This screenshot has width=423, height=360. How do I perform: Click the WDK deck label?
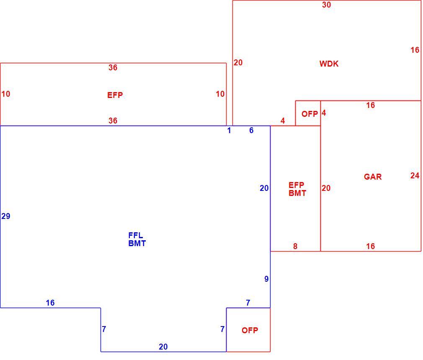(x=329, y=64)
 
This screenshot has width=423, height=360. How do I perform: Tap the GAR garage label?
(x=373, y=177)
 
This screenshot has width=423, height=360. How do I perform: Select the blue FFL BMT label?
(x=137, y=239)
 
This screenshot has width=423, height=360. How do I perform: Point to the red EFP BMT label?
(x=297, y=189)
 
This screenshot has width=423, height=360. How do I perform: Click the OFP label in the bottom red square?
(x=250, y=330)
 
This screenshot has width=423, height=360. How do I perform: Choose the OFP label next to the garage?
(x=310, y=114)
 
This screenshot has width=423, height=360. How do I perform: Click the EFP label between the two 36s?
(x=115, y=95)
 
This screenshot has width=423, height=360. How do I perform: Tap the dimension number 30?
(x=326, y=5)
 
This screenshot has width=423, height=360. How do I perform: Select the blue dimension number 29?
(x=6, y=216)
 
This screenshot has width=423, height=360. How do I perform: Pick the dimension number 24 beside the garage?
(x=415, y=176)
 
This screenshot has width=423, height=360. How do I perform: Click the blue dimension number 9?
(x=266, y=279)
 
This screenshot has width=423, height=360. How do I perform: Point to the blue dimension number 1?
(x=229, y=131)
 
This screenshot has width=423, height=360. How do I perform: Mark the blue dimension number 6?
(x=251, y=131)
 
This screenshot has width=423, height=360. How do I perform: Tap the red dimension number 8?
(x=295, y=246)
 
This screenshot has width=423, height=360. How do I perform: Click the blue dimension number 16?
(x=50, y=303)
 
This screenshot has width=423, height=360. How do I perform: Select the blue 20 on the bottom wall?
(x=163, y=347)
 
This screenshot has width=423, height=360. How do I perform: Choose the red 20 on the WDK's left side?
(x=238, y=62)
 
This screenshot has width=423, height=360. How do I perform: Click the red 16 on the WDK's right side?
(x=415, y=50)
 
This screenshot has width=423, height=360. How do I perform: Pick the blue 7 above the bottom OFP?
(x=248, y=303)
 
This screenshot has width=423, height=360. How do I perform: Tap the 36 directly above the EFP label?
(x=113, y=68)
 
